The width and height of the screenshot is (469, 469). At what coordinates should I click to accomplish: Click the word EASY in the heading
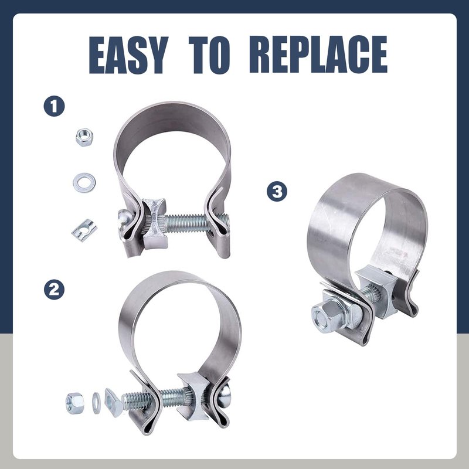128,55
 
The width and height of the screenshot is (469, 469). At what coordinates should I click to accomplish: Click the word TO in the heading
209,55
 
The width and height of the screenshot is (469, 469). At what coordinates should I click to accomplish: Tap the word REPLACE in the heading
318,55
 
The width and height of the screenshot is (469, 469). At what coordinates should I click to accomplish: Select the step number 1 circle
54,106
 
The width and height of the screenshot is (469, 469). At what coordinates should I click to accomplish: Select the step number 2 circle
54,289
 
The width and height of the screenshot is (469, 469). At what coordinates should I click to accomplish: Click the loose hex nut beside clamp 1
84,137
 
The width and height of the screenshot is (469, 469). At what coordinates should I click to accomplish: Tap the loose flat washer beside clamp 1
84,182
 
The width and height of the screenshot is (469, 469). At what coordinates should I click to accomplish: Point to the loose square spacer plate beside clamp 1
84,230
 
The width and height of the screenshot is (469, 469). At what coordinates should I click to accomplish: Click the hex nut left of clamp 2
75,403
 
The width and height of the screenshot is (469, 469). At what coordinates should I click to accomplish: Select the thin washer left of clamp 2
96,403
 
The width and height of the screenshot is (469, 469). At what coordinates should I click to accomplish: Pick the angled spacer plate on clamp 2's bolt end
113,402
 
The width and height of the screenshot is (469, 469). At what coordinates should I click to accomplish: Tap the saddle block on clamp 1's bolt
155,223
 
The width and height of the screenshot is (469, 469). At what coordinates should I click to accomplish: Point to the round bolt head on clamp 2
225,394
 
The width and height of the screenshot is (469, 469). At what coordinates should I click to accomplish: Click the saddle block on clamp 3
378,291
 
